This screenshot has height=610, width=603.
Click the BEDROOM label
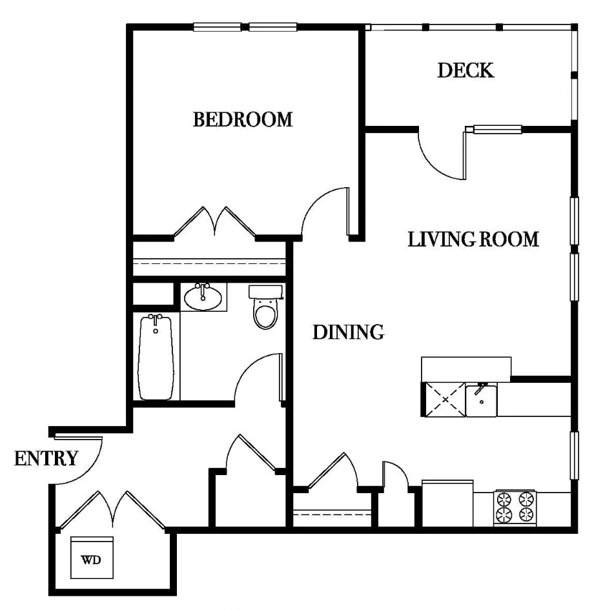coord(243,119)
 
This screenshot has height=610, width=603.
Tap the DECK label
coord(465,70)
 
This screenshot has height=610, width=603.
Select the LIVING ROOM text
coord(473,239)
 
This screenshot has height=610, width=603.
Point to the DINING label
coord(349,332)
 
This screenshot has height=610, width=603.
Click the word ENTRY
coord(46,459)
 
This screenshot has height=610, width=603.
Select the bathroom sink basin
coord(203,298)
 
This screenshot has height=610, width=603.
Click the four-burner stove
coord(515,507)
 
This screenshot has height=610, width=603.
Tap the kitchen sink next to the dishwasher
coord(482,400)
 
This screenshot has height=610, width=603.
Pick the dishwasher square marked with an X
coord(444,400)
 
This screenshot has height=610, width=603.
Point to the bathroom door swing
coord(258,378)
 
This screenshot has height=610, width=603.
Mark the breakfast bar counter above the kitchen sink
coord(465,368)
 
